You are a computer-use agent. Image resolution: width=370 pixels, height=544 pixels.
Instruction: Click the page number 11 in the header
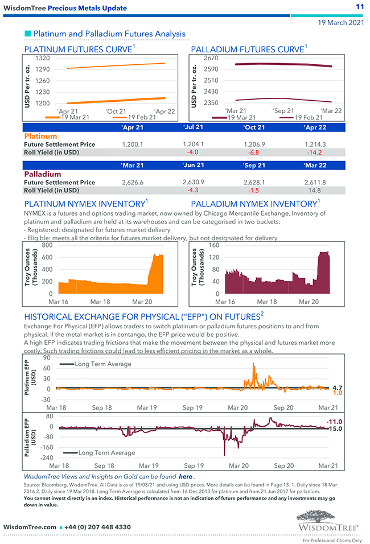coord(359,7)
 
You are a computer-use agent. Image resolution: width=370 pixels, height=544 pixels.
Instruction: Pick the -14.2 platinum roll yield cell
coord(315,153)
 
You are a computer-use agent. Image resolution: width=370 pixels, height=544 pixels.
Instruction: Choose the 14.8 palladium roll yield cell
coord(315,190)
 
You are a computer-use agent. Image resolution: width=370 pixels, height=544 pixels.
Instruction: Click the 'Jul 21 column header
coord(194,127)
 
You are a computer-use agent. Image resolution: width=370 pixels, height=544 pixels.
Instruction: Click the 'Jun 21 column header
coord(194,165)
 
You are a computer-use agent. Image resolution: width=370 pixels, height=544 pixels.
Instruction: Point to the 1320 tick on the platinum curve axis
coord(42,58)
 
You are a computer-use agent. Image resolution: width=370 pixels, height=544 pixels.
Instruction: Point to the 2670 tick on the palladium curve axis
coord(211,58)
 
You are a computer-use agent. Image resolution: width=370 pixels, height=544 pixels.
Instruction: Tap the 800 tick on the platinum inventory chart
coord(46,245)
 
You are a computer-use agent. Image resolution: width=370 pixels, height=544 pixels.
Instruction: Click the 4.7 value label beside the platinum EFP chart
coord(337,387)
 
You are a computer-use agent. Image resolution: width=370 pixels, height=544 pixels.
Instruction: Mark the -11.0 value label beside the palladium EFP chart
coord(334,422)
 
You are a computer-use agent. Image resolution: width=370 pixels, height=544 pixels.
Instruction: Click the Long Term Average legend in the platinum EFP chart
coord(102,364)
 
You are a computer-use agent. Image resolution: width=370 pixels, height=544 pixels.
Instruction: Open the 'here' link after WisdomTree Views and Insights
coord(186,476)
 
